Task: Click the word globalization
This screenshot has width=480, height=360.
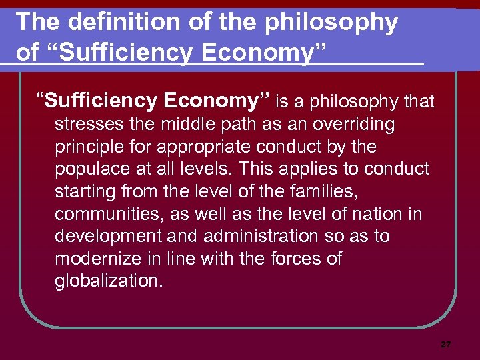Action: [x=109, y=281]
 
